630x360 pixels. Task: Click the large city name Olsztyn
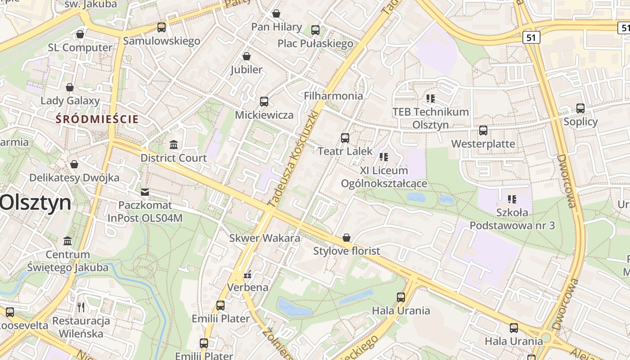tap(35, 203)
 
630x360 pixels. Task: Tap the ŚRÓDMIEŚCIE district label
tap(97, 119)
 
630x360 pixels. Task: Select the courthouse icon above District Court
tap(174, 144)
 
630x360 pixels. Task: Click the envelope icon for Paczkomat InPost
tap(145, 192)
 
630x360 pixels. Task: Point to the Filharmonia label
tap(333, 96)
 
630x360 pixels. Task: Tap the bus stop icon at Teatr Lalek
tap(345, 138)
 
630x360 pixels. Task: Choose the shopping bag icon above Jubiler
tap(247, 56)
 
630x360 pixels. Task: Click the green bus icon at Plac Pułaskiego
tap(315, 30)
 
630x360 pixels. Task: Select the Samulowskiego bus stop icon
tap(162, 27)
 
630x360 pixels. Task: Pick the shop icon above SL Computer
tap(80, 34)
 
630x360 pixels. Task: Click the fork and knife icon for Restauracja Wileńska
tap(81, 307)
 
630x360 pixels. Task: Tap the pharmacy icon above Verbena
tap(247, 274)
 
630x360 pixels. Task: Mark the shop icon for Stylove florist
tap(346, 238)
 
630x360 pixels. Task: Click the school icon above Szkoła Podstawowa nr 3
tap(512, 199)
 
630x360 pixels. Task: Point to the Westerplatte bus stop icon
tap(483, 130)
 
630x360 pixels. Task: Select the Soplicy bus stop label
tap(580, 121)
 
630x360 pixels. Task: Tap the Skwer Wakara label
tap(265, 238)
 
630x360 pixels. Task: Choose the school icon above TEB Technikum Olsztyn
tap(431, 98)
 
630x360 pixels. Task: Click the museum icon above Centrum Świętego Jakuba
tap(67, 241)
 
